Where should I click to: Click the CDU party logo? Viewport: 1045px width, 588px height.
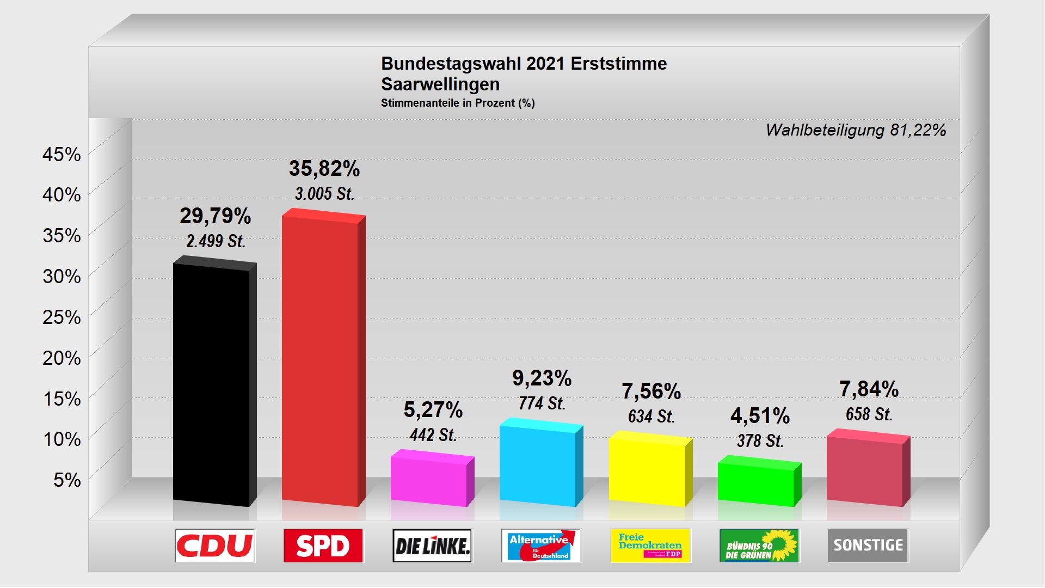215,546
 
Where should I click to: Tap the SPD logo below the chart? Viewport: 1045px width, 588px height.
323,546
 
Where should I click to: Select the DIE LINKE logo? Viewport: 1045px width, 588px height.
432,546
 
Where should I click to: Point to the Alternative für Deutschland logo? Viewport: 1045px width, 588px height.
541,546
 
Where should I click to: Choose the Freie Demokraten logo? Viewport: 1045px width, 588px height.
650,546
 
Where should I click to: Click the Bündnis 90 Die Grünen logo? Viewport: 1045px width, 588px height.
759,546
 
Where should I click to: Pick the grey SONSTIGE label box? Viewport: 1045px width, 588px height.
868,546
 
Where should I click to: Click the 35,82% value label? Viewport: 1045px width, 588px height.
324,169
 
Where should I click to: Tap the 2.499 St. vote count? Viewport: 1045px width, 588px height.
216,241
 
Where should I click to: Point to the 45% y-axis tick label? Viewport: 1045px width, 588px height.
62,155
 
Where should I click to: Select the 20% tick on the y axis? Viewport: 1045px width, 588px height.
62,358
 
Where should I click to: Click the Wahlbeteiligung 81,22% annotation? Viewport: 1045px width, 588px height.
856,130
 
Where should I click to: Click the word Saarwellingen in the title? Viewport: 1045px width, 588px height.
440,84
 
